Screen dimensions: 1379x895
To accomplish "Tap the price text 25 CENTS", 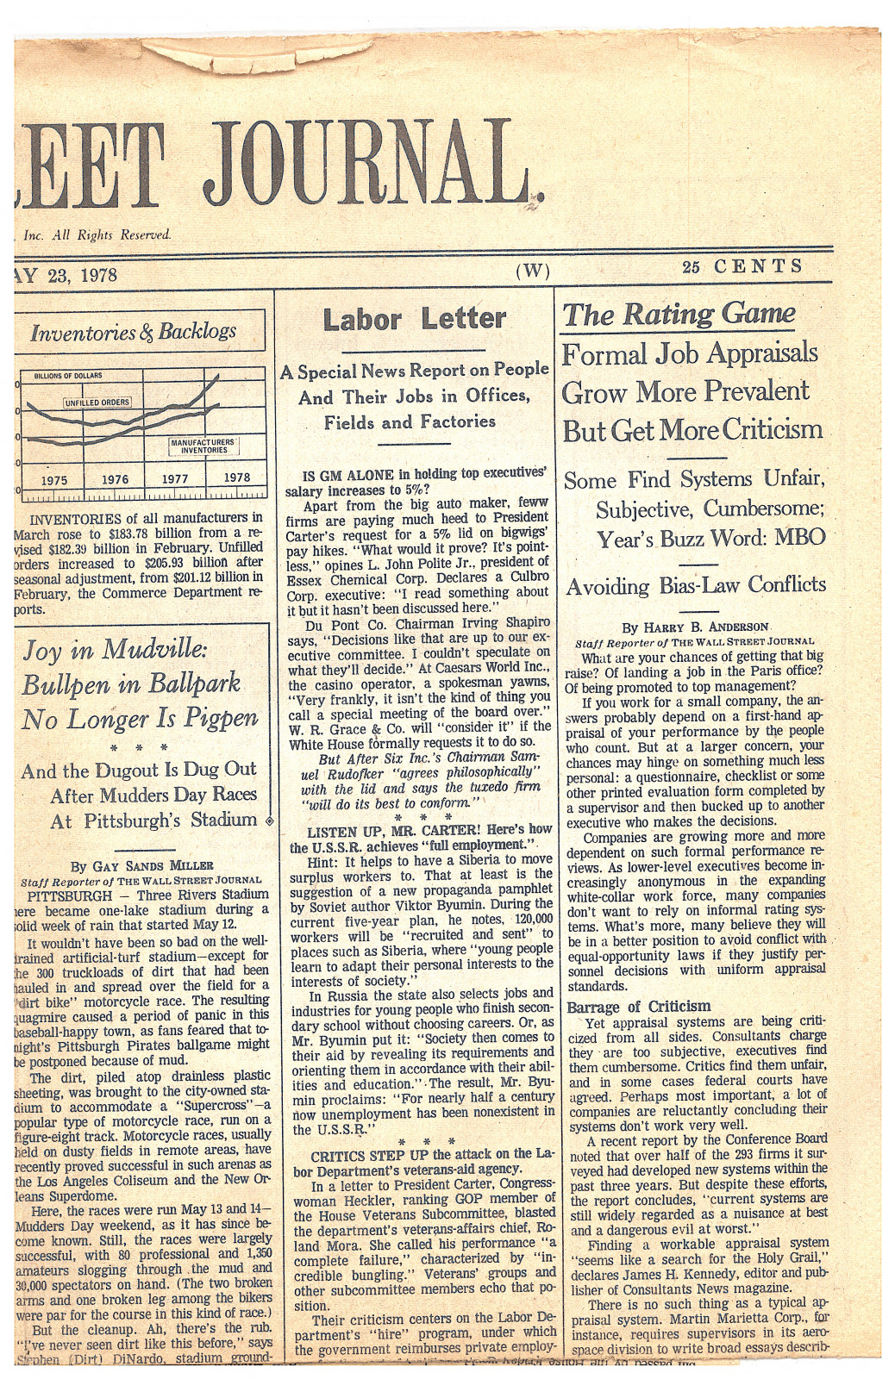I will (742, 267).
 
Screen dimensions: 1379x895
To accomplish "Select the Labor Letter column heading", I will (414, 320).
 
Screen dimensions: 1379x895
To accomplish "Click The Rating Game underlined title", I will (679, 315).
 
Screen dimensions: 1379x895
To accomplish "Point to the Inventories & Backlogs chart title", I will (133, 333).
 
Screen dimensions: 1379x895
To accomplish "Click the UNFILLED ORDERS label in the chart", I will (97, 402).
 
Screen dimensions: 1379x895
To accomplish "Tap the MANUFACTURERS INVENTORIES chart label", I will (204, 446).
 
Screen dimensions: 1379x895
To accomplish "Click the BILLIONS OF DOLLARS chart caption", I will (68, 376).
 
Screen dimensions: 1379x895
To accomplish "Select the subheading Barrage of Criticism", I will (639, 1006).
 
